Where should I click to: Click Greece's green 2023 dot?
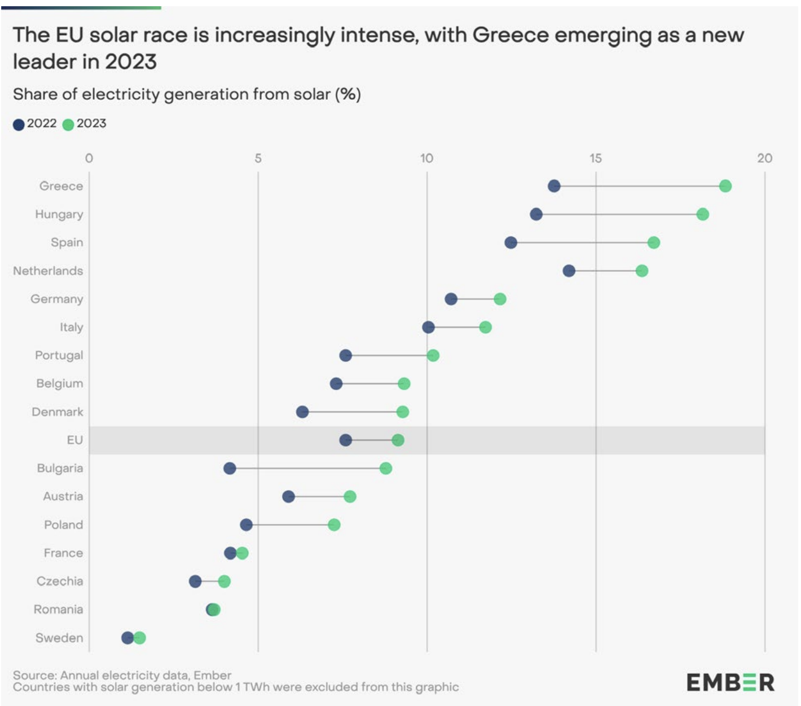(725, 186)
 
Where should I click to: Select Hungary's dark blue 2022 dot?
(536, 214)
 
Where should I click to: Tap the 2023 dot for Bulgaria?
(385, 469)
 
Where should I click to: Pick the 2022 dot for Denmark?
(302, 412)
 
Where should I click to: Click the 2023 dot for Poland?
(334, 525)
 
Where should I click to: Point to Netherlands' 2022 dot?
(569, 271)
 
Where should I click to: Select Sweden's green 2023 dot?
(139, 638)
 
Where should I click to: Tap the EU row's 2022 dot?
(346, 440)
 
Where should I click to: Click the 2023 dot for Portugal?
(433, 355)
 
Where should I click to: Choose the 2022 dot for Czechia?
(195, 581)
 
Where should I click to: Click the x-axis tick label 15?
(596, 158)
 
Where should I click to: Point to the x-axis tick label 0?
(89, 158)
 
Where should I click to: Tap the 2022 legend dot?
(19, 125)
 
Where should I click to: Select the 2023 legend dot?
(68, 125)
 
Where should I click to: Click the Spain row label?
(67, 242)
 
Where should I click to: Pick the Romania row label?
(58, 609)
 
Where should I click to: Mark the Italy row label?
(71, 327)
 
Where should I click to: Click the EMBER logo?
(730, 683)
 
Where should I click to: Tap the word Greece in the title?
(510, 35)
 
